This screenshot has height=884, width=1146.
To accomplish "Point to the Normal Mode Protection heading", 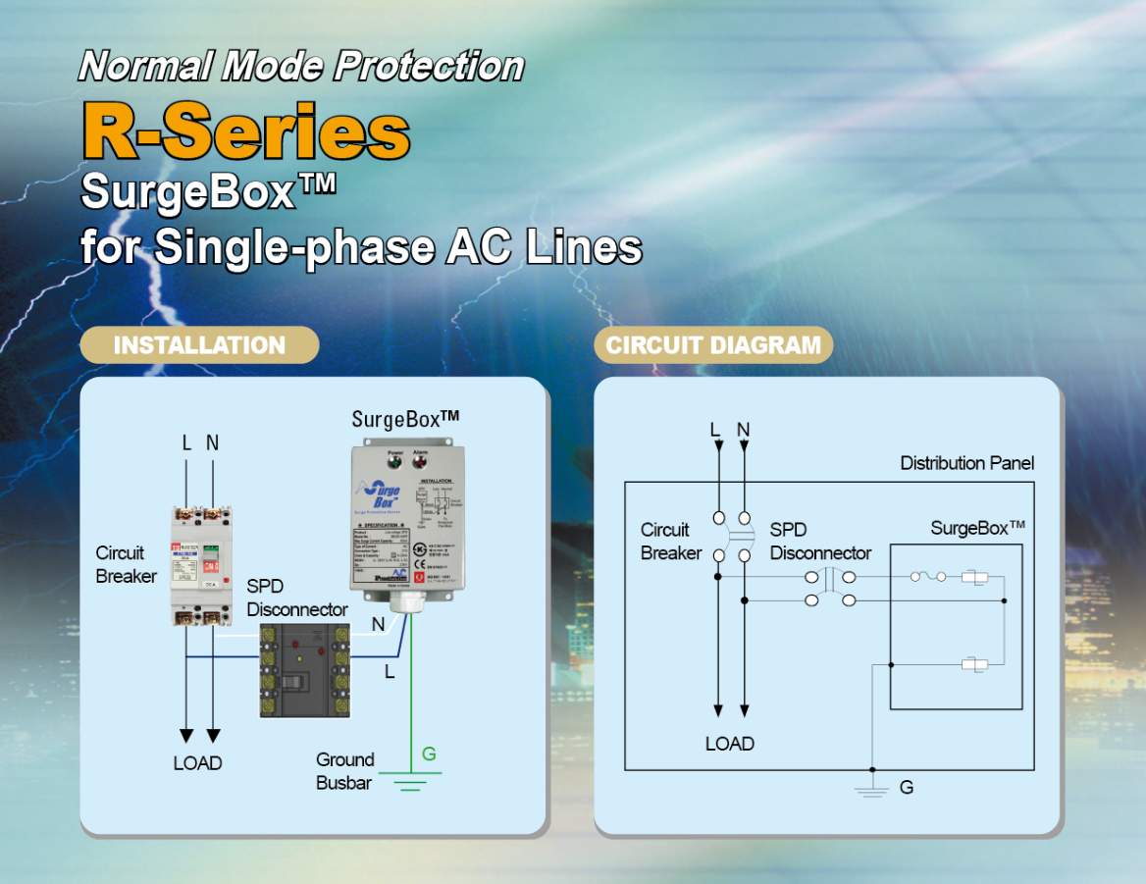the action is [x=301, y=66].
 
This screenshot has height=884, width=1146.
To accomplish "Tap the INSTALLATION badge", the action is [x=199, y=345].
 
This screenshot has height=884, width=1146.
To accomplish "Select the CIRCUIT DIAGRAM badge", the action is [x=713, y=345].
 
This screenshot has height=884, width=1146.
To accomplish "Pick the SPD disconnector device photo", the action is [x=304, y=671].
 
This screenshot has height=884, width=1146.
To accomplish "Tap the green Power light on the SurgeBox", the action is [x=394, y=460].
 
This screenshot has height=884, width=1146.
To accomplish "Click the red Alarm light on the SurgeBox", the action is [x=420, y=460].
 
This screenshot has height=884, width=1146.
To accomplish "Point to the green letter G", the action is [x=429, y=754].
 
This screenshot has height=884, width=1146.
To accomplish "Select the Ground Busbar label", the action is [x=344, y=771].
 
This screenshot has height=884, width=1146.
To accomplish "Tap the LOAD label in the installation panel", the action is [x=197, y=763].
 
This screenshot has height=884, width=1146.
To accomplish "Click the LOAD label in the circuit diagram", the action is [x=730, y=744].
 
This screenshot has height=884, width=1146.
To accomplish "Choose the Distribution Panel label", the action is [x=966, y=463].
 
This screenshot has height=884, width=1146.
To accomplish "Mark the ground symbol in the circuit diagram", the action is [x=872, y=789].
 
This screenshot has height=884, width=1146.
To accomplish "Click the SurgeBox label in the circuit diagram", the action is [x=977, y=529].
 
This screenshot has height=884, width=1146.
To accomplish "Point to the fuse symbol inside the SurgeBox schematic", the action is [x=927, y=577].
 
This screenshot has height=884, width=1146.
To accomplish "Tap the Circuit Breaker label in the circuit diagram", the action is [x=671, y=542].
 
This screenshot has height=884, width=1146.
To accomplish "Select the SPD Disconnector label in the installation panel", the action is [x=296, y=598].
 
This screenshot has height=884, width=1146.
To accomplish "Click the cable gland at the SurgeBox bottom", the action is [x=402, y=601].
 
